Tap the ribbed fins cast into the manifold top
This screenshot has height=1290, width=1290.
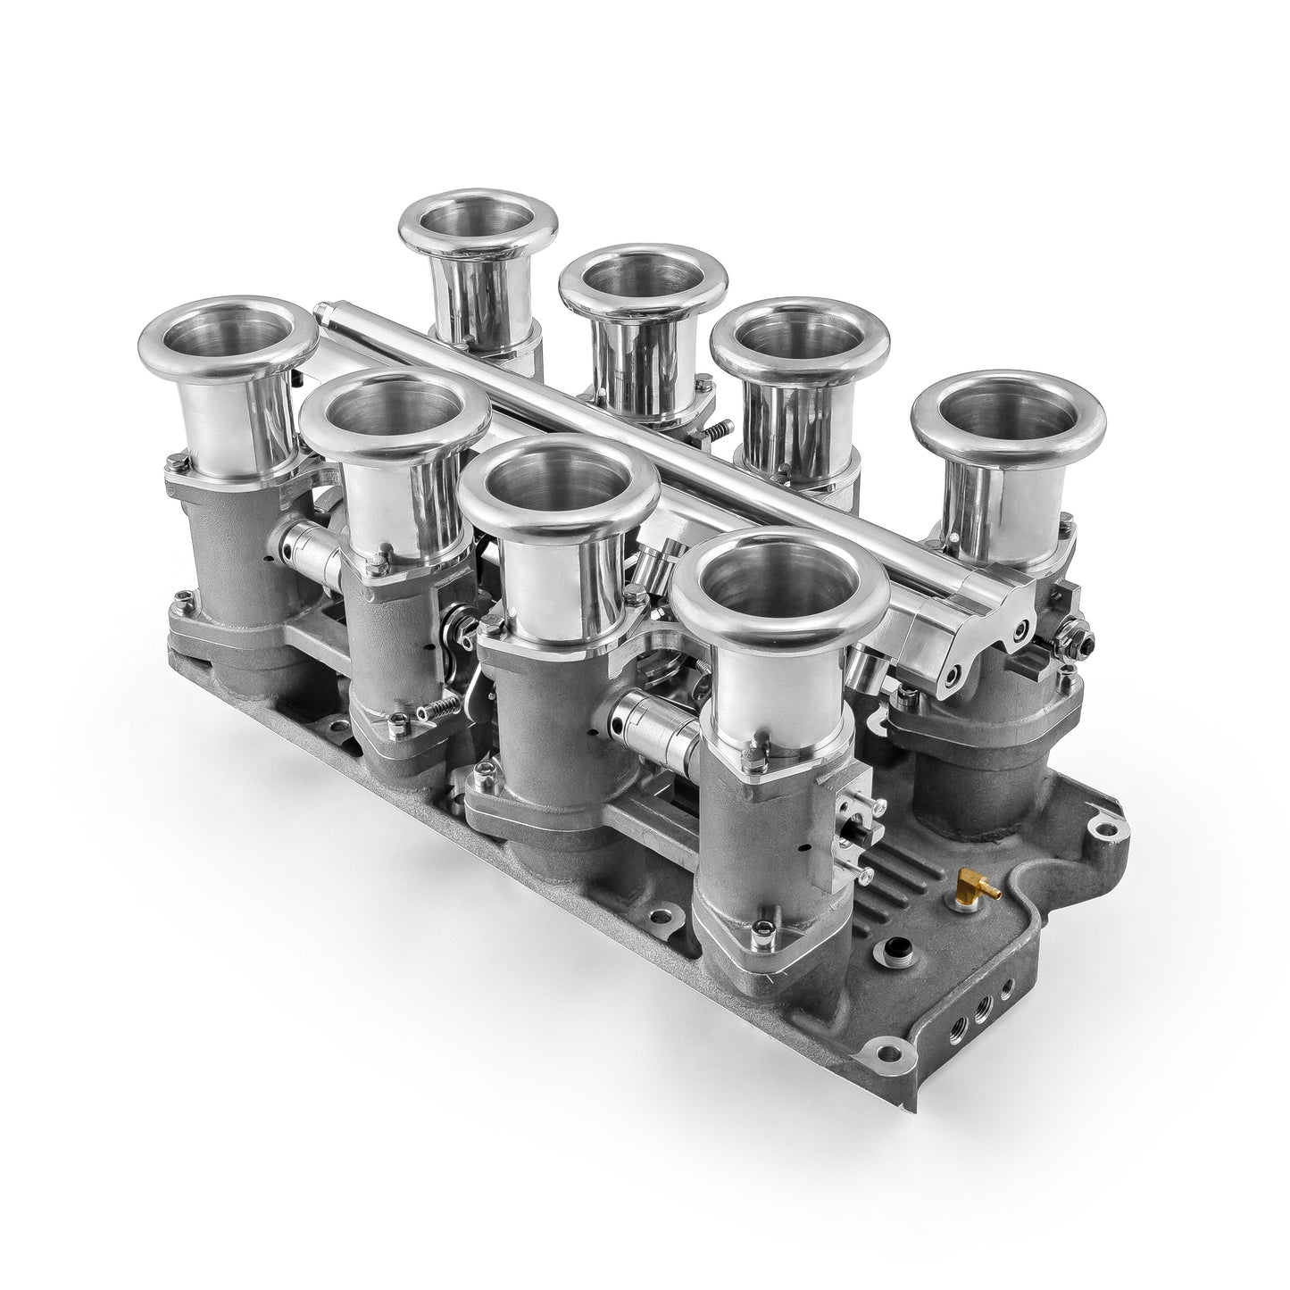[893, 857]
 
